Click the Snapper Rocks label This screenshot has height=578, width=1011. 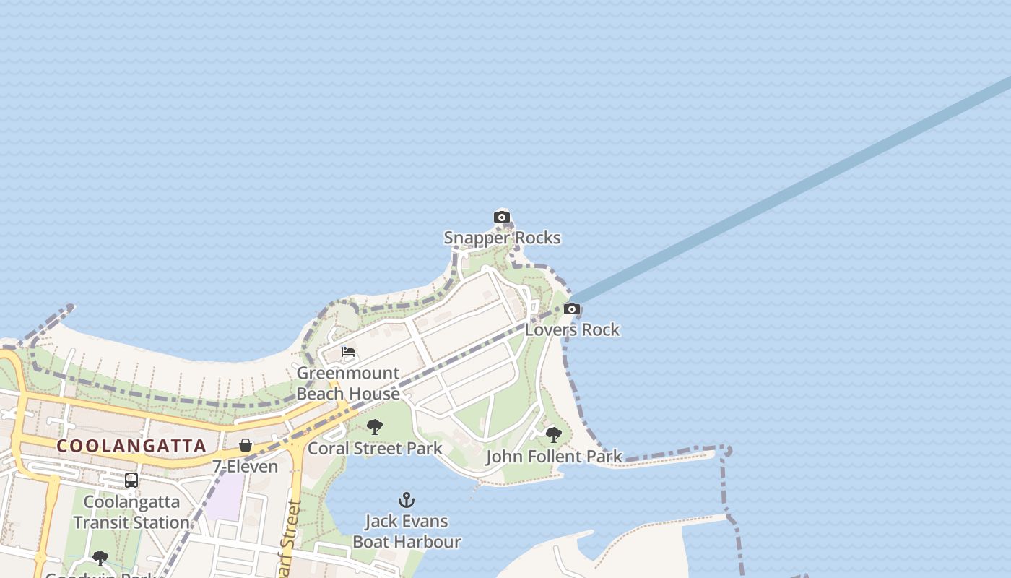pos(502,238)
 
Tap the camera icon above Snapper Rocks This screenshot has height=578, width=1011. pos(501,217)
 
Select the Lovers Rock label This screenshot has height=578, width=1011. pos(572,329)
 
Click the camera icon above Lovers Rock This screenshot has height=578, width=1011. pos(571,309)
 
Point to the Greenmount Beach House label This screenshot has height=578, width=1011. pos(348,384)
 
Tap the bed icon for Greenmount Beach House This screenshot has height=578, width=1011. pos(348,353)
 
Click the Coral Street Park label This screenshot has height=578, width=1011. pos(375,448)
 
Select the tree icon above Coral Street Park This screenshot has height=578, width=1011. pos(374,427)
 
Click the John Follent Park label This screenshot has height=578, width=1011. pos(554,456)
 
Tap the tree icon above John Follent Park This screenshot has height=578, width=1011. pos(553,435)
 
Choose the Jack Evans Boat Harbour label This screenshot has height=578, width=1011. pos(407,531)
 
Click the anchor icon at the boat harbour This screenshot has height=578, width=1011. pos(407,500)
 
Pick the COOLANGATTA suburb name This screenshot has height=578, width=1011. pos(132,446)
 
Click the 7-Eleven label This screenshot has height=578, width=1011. pos(246,466)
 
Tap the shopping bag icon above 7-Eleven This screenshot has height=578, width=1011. pos(246,445)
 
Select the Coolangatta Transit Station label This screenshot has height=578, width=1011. pos(131,512)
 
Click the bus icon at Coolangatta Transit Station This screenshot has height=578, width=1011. pos(131,480)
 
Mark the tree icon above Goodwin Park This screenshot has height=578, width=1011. pos(100,558)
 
